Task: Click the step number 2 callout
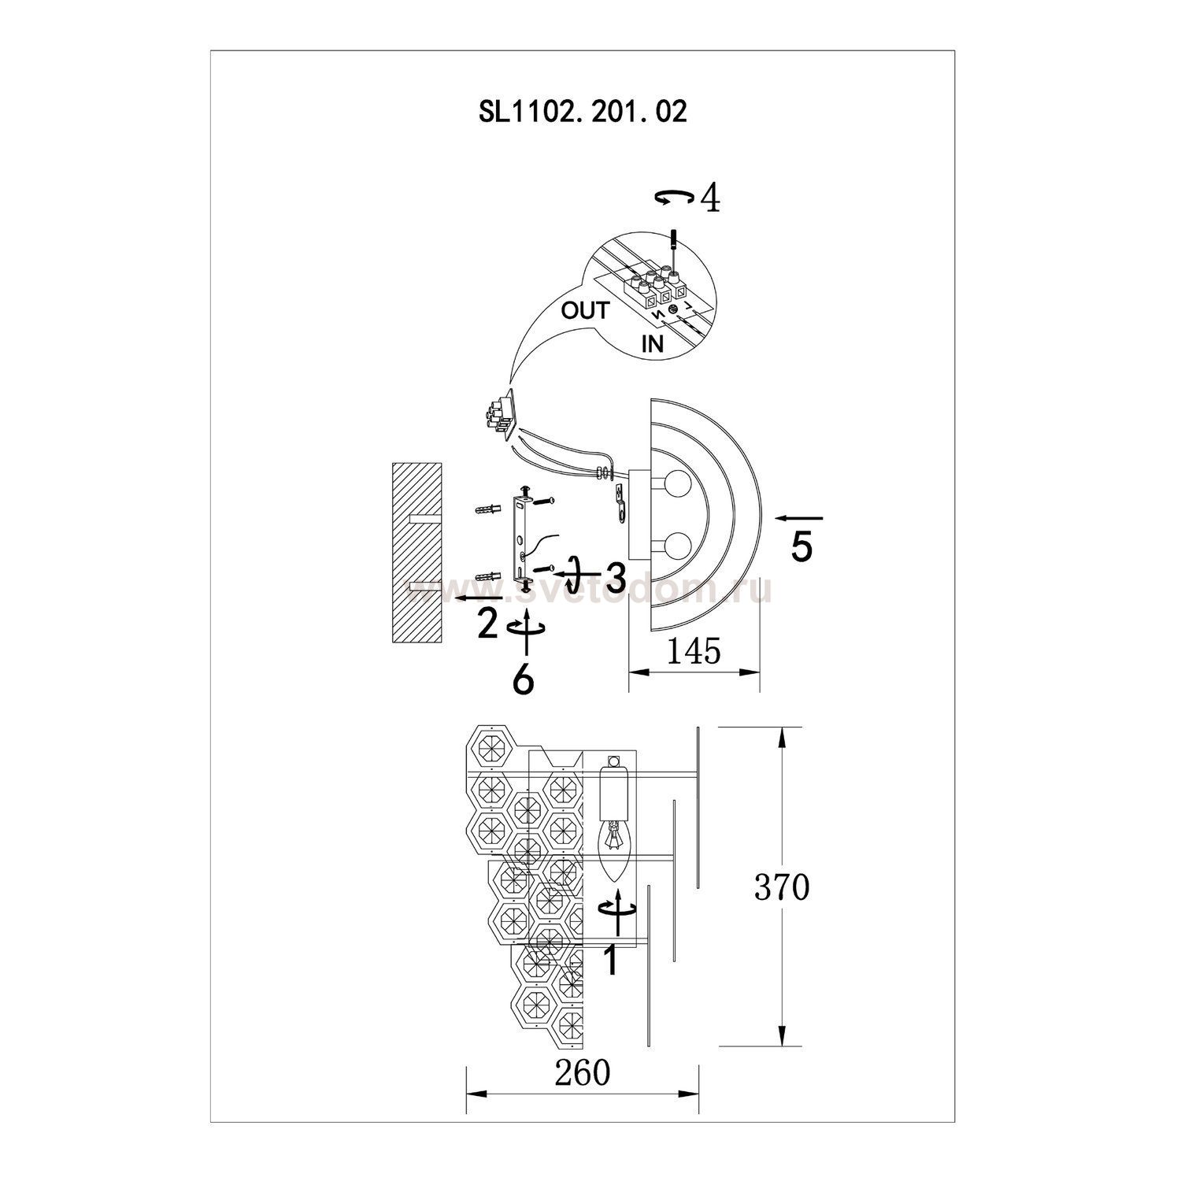tap(488, 625)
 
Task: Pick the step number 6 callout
tap(523, 679)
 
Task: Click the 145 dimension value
tap(694, 651)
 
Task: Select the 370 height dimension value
tap(782, 887)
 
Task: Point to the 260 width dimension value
tap(583, 1072)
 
